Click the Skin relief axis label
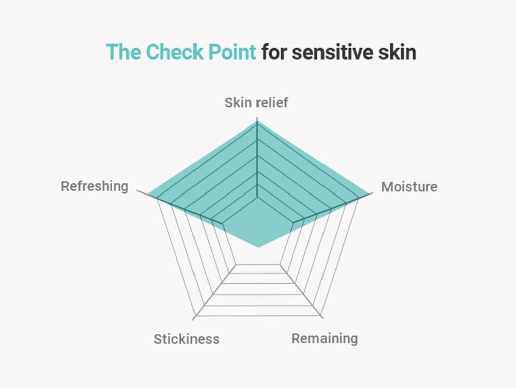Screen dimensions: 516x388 256,103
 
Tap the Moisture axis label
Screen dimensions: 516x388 409,187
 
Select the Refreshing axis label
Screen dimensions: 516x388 95,186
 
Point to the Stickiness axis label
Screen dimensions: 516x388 186,339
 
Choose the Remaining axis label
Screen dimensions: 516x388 325,339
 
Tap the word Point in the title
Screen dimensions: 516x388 232,52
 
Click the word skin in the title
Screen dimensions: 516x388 397,52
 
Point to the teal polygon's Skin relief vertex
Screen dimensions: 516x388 257,122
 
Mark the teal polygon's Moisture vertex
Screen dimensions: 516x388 369,194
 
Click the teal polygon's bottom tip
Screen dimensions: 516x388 259,247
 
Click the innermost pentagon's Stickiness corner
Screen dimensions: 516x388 236,264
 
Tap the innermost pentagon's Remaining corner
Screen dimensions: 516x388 280,264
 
